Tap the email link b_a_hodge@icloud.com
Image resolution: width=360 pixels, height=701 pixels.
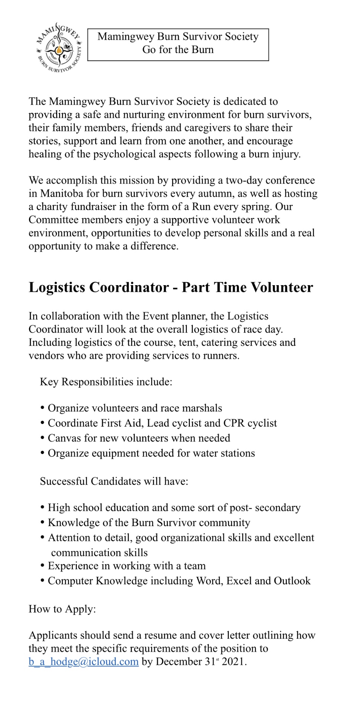(x=84, y=661)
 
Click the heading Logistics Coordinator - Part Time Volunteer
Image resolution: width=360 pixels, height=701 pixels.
(x=171, y=287)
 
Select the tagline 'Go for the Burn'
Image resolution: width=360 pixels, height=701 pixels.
(x=178, y=49)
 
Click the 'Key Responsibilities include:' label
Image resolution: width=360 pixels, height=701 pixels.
(x=106, y=382)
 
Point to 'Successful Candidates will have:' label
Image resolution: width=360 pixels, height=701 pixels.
(x=114, y=481)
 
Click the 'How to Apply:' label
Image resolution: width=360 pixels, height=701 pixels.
(x=62, y=609)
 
